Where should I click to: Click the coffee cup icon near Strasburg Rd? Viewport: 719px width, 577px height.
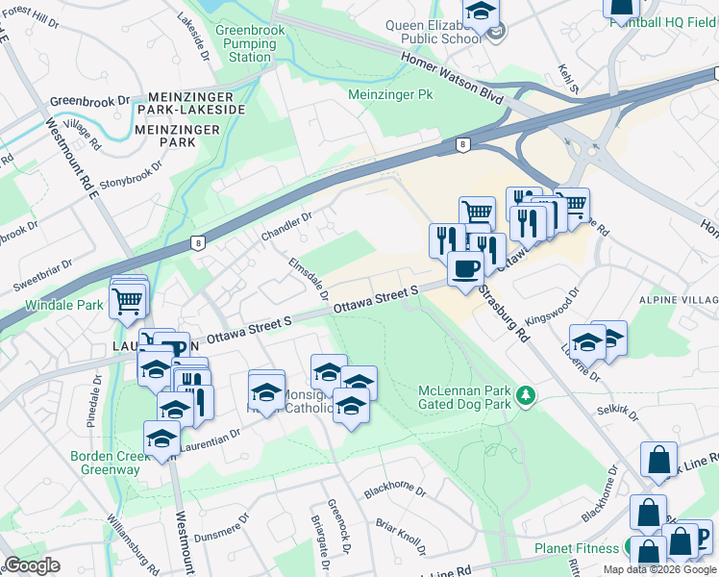click(466, 268)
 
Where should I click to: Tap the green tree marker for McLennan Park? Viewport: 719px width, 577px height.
click(525, 394)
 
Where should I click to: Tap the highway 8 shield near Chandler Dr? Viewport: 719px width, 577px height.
click(197, 243)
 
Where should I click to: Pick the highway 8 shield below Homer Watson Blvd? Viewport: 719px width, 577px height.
click(463, 144)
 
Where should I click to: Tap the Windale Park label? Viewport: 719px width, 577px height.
click(63, 306)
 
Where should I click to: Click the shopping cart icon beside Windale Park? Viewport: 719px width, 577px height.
click(127, 301)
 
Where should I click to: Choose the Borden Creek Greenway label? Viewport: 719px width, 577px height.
click(105, 463)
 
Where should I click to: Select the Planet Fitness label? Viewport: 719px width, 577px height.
click(577, 551)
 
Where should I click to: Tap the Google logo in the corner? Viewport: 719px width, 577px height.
click(32, 565)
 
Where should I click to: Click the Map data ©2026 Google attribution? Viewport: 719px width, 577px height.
click(659, 569)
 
